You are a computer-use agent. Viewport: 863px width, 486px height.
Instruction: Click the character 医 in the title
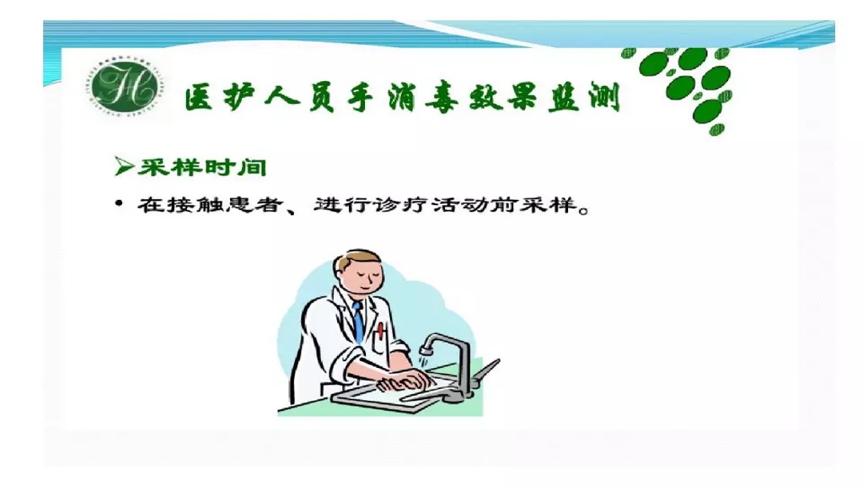[201, 98]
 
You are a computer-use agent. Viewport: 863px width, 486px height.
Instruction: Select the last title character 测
[601, 97]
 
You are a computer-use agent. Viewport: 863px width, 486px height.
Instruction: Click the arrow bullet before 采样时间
[124, 166]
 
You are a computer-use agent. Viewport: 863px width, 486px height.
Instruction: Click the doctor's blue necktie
[358, 321]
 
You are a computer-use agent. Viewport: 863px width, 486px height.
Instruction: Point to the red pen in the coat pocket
[381, 330]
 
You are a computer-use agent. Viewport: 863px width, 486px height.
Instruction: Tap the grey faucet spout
[432, 341]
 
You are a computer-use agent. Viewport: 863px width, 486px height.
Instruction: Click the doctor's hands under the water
[405, 381]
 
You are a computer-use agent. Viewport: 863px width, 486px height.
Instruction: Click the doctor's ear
[340, 279]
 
